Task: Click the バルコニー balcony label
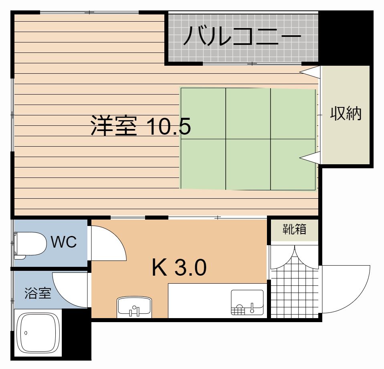(242, 37)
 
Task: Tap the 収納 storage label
(346, 113)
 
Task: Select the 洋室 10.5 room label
(141, 126)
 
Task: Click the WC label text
(64, 242)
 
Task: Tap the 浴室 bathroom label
(38, 293)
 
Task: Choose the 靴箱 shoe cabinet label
(295, 229)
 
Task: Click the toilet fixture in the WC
(30, 245)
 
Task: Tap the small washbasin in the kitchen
(134, 307)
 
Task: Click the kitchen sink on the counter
(247, 302)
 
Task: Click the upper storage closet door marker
(310, 72)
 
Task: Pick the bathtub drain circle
(26, 333)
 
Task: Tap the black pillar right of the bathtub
(77, 334)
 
